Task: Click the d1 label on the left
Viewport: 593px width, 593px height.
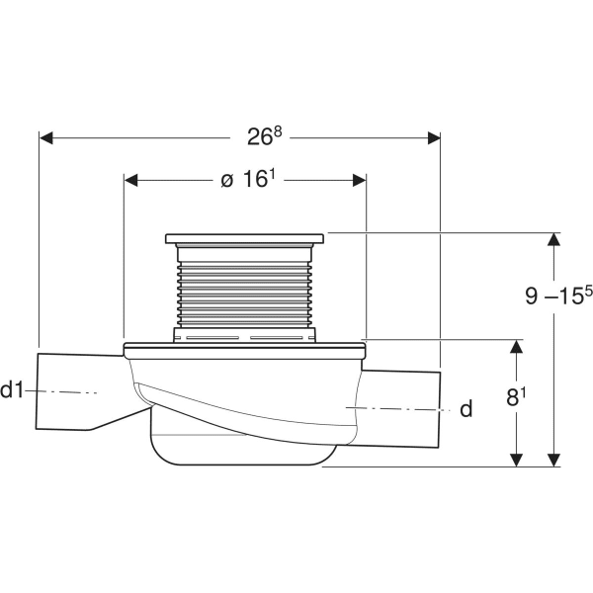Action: [14, 391]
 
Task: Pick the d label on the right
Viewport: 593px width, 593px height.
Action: [466, 408]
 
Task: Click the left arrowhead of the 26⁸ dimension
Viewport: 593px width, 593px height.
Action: [45, 138]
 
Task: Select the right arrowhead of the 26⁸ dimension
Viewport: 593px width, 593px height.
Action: [434, 138]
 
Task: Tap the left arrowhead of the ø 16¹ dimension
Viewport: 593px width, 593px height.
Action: [130, 180]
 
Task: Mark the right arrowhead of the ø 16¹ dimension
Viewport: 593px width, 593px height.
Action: [360, 180]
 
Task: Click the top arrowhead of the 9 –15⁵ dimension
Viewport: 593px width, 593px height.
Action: [553, 238]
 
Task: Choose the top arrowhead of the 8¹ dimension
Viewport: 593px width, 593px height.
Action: [514, 346]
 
